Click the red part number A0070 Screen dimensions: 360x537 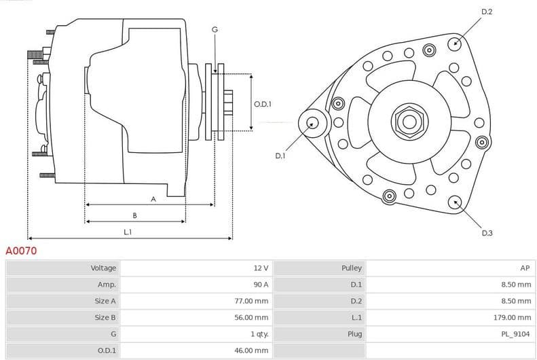pos(21,251)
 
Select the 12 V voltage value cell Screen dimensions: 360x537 pos(261,268)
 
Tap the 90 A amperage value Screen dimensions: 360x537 pos(261,285)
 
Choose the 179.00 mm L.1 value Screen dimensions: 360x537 pos(513,317)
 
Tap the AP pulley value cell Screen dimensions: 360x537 pos(525,268)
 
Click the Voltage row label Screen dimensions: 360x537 pos(103,268)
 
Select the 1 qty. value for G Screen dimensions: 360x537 pos(259,334)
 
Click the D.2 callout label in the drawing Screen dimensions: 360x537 pos(487,12)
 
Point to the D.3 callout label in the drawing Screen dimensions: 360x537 pos(487,233)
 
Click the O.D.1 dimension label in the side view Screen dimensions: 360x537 pos(263,104)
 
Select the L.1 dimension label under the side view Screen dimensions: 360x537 pos(127,232)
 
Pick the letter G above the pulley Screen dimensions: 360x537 pos(215,29)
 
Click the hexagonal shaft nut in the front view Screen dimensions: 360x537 pos(409,122)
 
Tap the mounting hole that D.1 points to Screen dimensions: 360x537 pos(312,123)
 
